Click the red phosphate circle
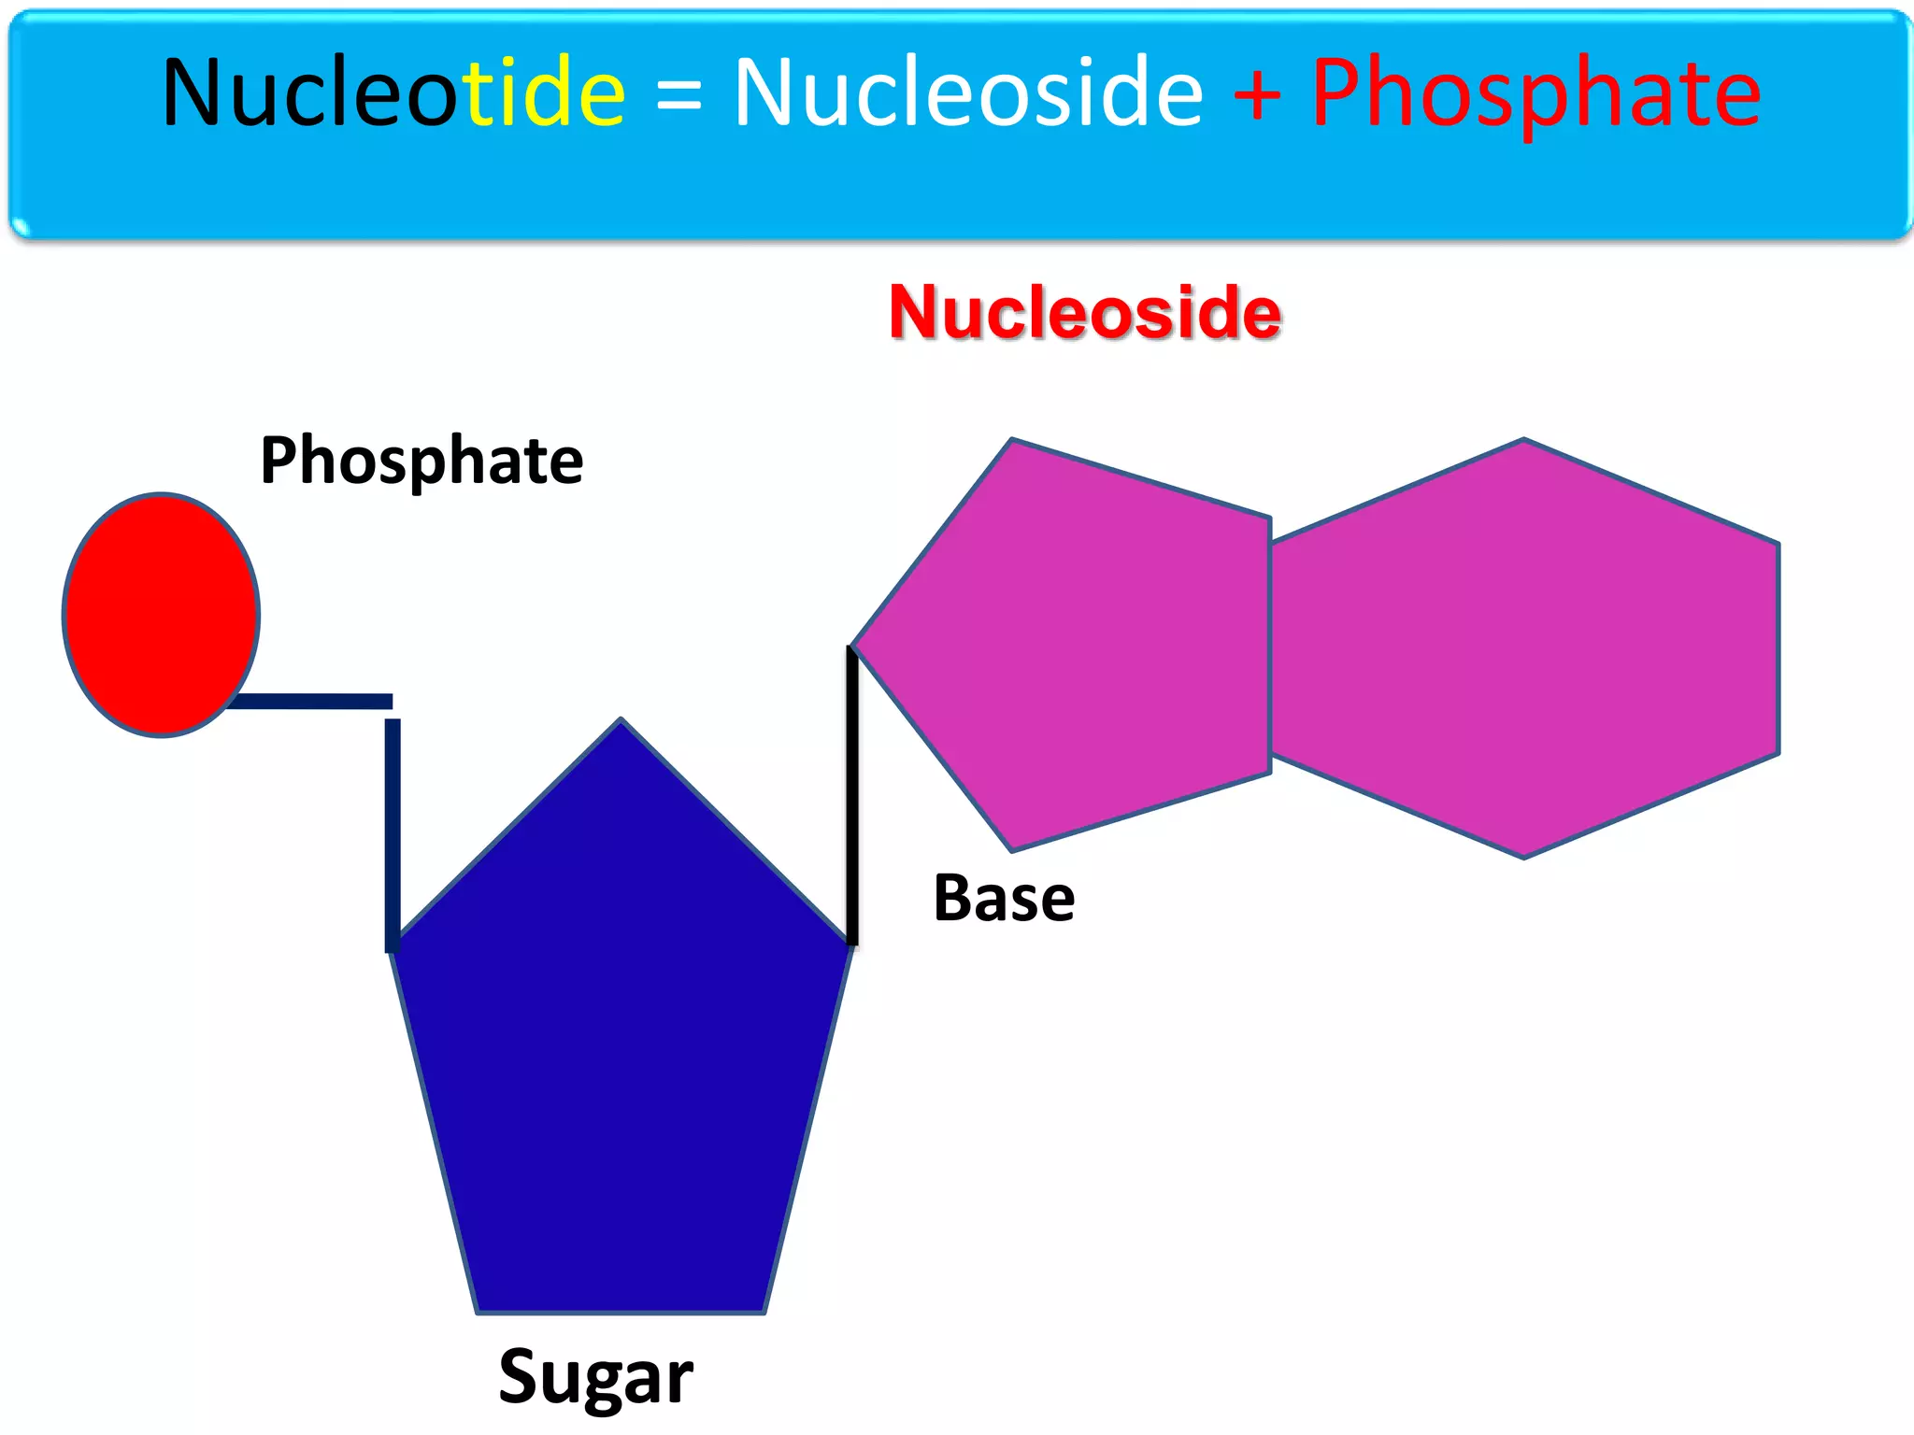161,614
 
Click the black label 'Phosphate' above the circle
421,461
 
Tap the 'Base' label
1004,899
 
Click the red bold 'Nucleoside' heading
1084,312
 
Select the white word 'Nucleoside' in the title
968,92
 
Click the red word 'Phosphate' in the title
1535,94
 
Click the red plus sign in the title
1257,93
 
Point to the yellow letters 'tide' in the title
546,92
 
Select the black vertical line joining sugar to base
852,794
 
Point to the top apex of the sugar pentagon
621,722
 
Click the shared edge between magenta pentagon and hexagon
1270,645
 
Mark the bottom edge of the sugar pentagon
621,1312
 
